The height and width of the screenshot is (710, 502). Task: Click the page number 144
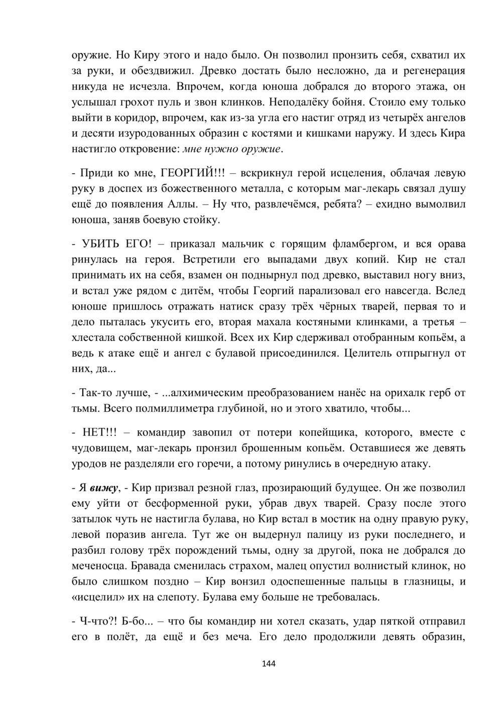tap(269, 663)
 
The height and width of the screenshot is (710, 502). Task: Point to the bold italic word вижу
tap(105, 488)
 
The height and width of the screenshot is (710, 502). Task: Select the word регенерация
tap(430, 71)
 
